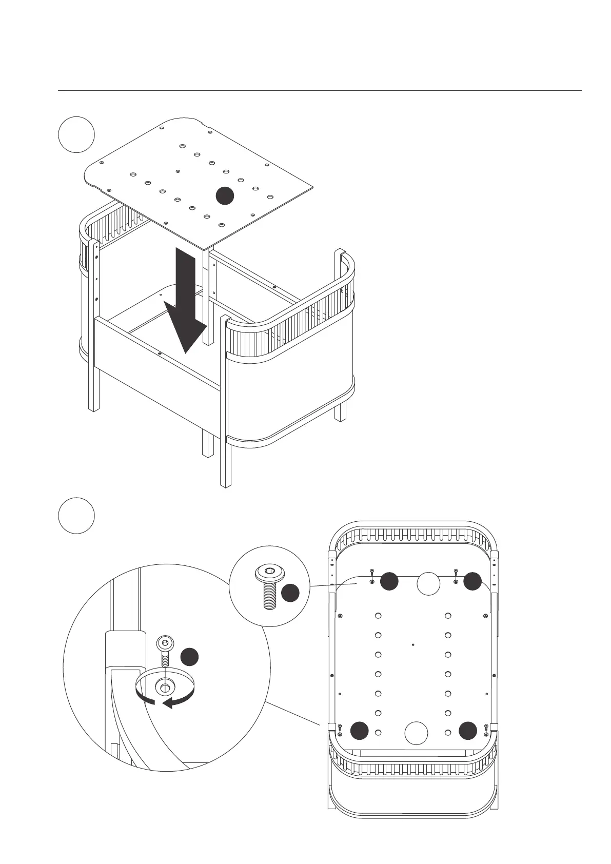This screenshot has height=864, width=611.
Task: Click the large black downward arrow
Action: click(186, 303)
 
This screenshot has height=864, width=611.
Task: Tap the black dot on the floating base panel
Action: click(224, 195)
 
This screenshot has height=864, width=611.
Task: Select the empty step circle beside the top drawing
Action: click(76, 134)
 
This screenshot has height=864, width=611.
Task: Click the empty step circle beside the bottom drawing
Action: click(76, 515)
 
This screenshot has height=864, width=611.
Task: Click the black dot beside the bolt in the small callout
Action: click(290, 593)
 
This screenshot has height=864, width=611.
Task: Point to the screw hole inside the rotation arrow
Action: click(165, 685)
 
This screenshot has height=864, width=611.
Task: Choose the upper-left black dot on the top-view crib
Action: click(389, 581)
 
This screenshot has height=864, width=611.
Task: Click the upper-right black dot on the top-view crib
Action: click(472, 581)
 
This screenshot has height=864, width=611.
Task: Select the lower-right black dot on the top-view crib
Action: click(468, 731)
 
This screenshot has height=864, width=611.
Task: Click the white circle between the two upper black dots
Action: click(428, 583)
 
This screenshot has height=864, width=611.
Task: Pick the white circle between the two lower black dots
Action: click(416, 733)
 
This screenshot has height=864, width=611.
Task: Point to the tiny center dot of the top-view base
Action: click(413, 644)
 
